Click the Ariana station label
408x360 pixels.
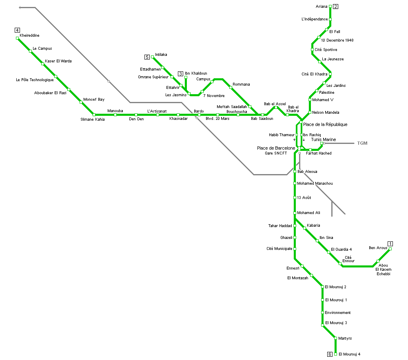pos(322,7)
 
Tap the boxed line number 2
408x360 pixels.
pos(336,6)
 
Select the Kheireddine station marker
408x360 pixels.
pos(17,38)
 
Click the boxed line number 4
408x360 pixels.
pos(17,30)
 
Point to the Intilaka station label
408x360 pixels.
pos(161,55)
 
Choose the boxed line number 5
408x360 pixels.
pos(147,57)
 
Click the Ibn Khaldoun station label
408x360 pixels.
pos(196,73)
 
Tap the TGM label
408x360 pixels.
pos(362,143)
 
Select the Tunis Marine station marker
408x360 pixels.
pos(322,144)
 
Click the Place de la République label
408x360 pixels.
pos(325,124)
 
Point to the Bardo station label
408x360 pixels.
pos(199,111)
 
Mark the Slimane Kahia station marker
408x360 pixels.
pos(94,115)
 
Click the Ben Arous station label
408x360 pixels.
pos(378,248)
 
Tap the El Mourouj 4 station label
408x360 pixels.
pos(349,354)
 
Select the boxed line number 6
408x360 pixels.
pos(330,354)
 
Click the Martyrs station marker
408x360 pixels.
pos(335,338)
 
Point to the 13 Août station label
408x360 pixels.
pos(304,198)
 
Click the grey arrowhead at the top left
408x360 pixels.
pos(21,7)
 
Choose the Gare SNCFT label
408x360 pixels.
pos(276,153)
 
